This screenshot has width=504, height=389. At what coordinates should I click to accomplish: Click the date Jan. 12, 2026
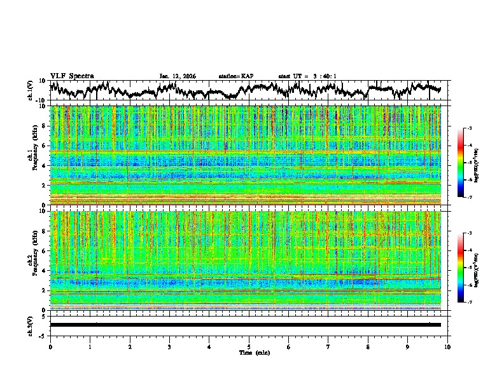(178, 76)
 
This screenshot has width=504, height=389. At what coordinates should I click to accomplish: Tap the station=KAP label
(235, 76)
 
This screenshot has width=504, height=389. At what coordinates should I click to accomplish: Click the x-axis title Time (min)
(249, 352)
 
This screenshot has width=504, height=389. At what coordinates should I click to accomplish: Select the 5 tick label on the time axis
(249, 346)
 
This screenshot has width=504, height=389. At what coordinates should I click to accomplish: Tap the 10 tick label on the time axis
(447, 346)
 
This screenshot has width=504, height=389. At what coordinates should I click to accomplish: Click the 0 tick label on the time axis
(50, 346)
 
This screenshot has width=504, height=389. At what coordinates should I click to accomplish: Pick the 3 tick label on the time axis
(169, 346)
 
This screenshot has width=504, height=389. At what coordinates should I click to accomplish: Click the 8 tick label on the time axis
(368, 346)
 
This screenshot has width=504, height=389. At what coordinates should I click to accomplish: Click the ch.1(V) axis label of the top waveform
(30, 90)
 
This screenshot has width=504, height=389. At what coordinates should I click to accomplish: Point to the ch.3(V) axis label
(30, 325)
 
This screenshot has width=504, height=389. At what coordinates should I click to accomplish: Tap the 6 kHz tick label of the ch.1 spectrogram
(45, 146)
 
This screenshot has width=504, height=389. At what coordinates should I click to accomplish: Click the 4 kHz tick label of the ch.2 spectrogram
(45, 271)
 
